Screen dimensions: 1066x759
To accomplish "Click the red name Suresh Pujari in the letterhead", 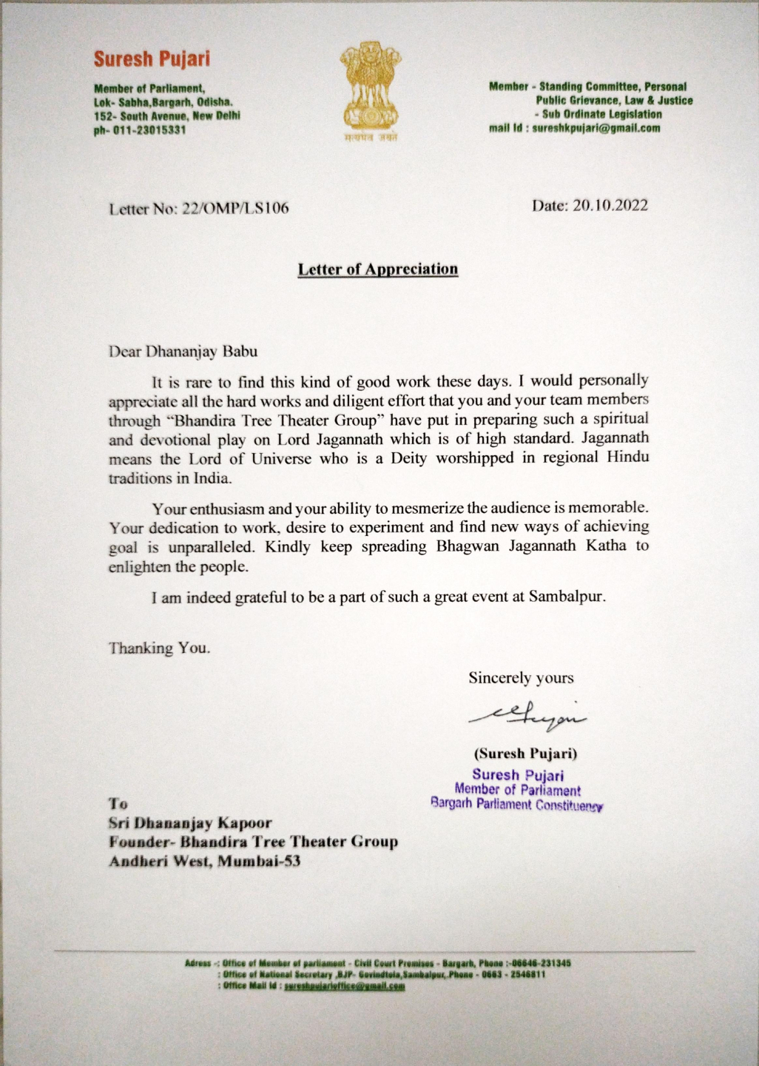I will (152, 58).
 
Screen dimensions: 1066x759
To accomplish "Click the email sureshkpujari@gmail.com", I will (596, 128).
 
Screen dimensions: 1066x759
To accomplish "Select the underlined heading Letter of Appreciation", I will (377, 269).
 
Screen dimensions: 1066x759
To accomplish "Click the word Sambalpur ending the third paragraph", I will (567, 596).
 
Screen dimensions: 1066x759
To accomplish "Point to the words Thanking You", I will (159, 648).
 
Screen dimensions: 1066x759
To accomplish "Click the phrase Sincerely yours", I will (521, 677).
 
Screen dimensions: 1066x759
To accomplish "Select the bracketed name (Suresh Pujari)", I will (525, 754).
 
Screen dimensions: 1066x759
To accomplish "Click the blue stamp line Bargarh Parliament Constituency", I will (517, 804).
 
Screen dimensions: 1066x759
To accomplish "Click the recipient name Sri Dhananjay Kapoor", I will (190, 822).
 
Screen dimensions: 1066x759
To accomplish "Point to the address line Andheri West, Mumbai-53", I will (204, 861).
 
